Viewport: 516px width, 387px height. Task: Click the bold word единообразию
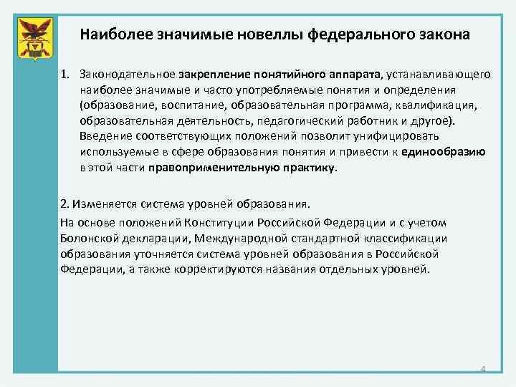(x=444, y=153)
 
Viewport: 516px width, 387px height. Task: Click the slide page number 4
(x=483, y=370)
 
